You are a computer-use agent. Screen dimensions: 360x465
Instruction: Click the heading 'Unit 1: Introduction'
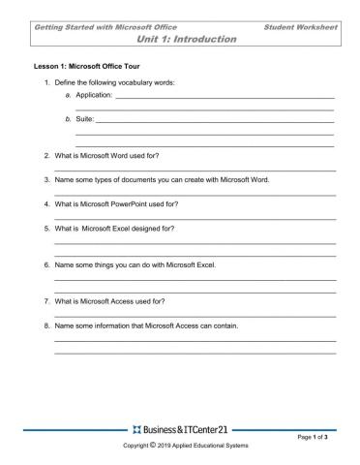point(188,40)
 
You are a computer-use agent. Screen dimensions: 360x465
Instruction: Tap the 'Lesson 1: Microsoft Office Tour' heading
point(82,71)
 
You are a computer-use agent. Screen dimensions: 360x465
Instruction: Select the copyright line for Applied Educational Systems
point(180,447)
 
